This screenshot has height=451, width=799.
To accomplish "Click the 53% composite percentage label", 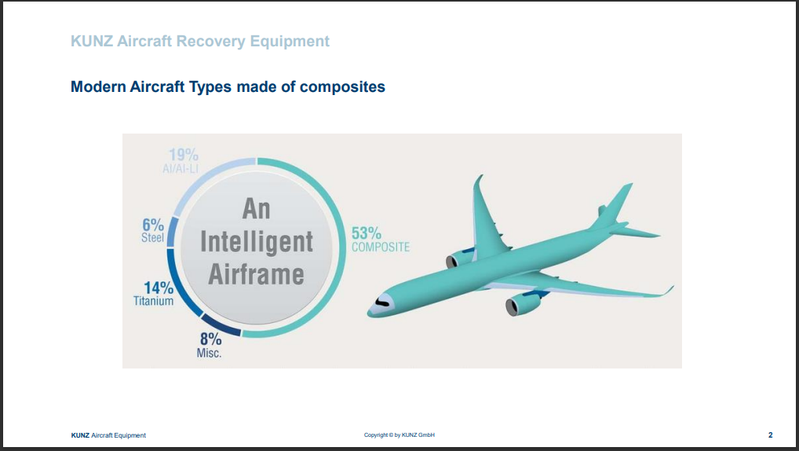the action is tap(367, 233).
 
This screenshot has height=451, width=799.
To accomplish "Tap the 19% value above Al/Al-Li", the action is tap(184, 154).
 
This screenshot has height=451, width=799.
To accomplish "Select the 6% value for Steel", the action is tap(153, 225).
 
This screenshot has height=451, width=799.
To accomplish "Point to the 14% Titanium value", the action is tap(159, 288).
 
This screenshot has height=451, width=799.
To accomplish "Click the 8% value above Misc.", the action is tap(210, 339).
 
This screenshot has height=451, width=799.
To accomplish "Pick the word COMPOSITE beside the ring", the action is tap(381, 247).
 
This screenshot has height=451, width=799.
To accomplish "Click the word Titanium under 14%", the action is tap(153, 301).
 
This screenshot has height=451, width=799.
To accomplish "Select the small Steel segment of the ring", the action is tap(172, 232).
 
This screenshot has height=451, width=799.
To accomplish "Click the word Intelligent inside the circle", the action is tap(257, 241).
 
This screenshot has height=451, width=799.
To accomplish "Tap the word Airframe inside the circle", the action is tap(257, 274).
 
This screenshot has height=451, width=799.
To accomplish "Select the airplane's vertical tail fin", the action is tap(613, 204).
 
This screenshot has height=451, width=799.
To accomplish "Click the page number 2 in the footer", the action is tap(771, 435).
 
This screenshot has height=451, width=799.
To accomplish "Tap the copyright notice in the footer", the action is tap(399, 435).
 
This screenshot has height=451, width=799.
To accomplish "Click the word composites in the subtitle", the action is tap(342, 86).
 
